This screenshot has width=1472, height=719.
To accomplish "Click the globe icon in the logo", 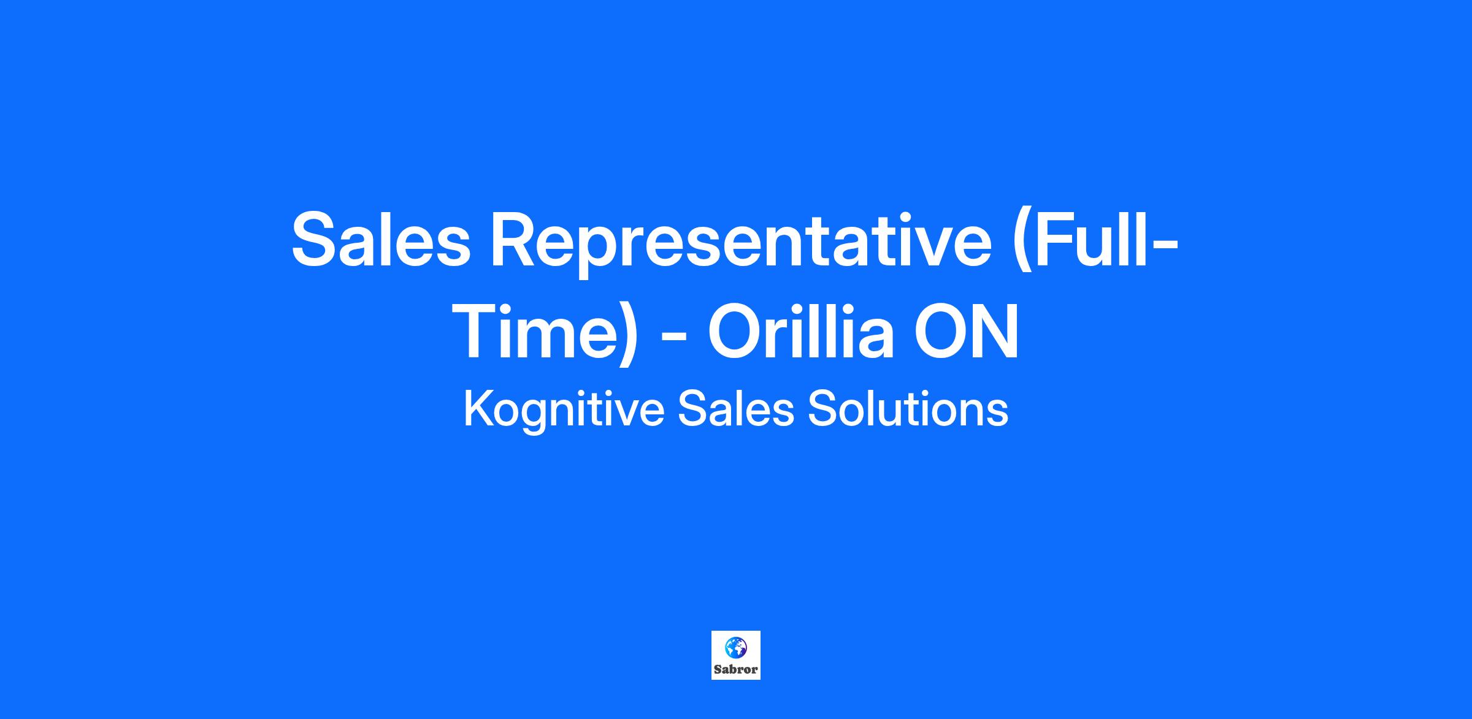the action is click(x=735, y=647).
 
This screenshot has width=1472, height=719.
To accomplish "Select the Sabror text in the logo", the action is click(x=736, y=669).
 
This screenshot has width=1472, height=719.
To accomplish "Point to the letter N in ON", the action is click(x=994, y=330).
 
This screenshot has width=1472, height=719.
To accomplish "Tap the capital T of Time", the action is click(x=482, y=330).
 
